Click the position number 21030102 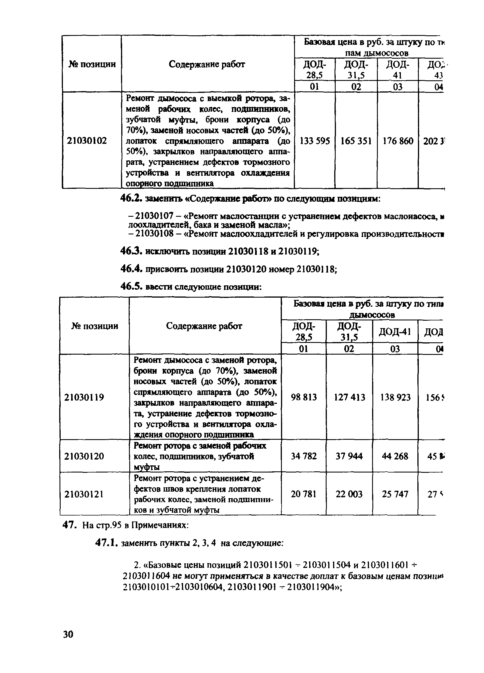[87, 141]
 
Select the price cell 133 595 [315, 141]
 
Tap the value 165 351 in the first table [356, 141]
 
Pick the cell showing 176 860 [398, 141]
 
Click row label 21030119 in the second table [84, 397]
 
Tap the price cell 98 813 [304, 397]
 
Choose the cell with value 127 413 [349, 397]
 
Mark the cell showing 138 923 [395, 397]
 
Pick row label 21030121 [84, 494]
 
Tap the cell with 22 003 [349, 494]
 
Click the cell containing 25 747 [395, 494]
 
